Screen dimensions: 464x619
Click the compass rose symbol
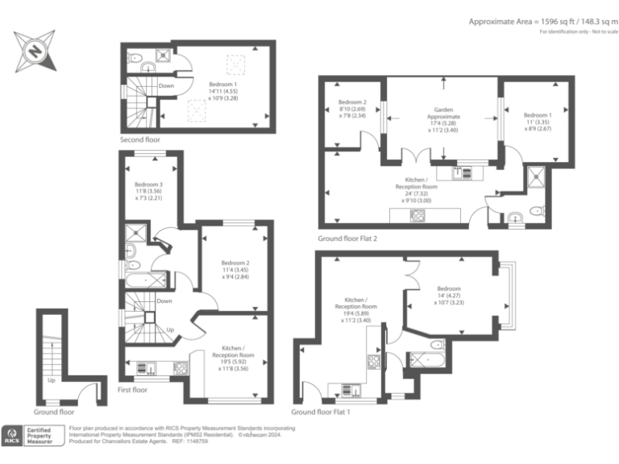(x=35, y=50)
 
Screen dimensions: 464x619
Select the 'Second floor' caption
(x=139, y=139)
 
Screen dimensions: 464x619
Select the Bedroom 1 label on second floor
(x=223, y=89)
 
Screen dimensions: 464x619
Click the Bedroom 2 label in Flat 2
(x=352, y=109)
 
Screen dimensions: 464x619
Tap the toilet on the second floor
(x=137, y=56)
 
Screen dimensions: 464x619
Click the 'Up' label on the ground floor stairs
(x=52, y=380)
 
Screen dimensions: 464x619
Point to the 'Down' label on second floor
(x=166, y=85)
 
